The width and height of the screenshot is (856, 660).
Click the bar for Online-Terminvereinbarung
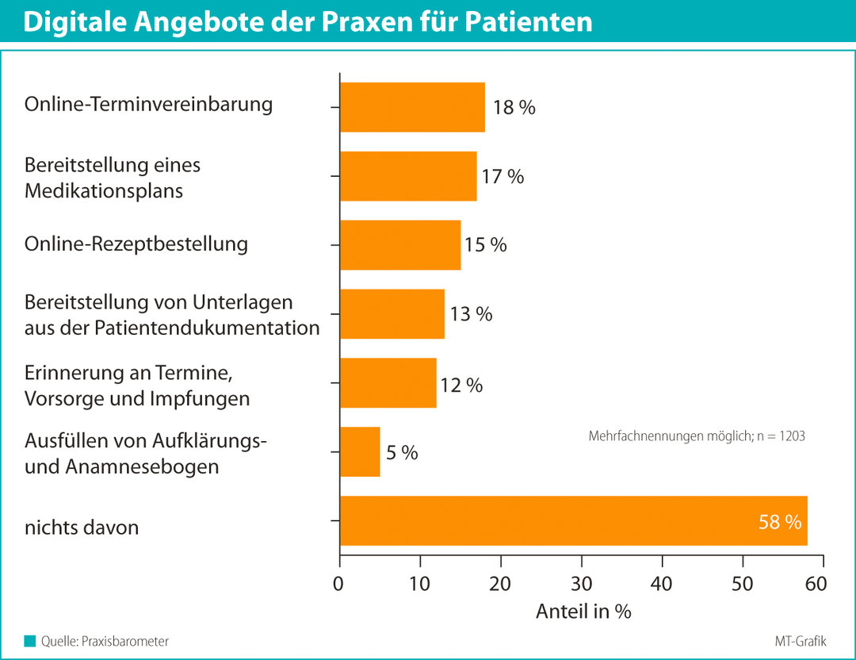pos(412,107)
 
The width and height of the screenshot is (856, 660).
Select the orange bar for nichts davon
pos(573,521)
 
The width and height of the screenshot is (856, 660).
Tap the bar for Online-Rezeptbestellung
pos(400,245)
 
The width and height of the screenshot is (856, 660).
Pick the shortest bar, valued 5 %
pos(360,452)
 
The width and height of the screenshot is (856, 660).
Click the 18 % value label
pos(514,108)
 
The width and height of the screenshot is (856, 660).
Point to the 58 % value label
pos(780,523)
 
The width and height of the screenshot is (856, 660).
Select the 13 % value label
pos(471,314)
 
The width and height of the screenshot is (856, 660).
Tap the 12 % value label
pos(460,386)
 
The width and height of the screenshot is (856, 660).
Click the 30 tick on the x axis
pos(582,585)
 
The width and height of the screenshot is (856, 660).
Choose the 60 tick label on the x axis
pos(816,585)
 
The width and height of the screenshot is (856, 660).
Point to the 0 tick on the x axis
pos(340,585)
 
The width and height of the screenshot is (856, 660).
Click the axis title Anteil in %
pos(583,612)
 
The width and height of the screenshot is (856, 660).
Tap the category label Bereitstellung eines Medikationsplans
pos(113,178)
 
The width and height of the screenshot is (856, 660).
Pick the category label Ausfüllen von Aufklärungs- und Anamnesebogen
pos(145,454)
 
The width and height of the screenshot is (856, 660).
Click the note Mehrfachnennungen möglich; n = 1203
pos(697,436)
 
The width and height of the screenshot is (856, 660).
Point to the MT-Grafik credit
pos(801,641)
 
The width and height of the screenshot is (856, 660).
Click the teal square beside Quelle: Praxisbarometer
pos(30,641)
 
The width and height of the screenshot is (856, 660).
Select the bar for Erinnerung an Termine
pos(388,383)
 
